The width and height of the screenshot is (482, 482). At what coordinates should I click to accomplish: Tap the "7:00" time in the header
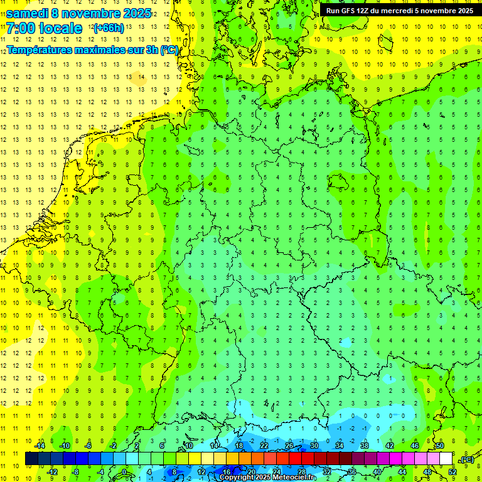point(21,28)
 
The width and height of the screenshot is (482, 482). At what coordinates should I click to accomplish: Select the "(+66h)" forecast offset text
point(108,28)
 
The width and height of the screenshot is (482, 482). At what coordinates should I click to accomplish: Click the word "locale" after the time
point(61,28)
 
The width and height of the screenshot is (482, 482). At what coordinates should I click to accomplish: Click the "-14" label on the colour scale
point(40,446)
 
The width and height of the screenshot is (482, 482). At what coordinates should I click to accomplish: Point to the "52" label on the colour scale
point(453,472)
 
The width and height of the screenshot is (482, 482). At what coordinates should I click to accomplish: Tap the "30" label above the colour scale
point(314,446)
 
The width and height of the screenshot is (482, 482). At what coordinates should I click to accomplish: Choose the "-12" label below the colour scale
point(52,472)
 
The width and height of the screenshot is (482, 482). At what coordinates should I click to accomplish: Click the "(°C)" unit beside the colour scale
point(467,459)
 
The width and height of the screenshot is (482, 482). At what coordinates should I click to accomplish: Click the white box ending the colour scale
point(446,459)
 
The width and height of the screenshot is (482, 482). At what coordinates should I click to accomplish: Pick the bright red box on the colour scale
point(295,459)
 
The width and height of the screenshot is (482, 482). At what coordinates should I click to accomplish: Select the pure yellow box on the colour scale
point(195,459)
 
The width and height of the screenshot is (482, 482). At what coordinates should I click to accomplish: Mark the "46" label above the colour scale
point(415,446)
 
